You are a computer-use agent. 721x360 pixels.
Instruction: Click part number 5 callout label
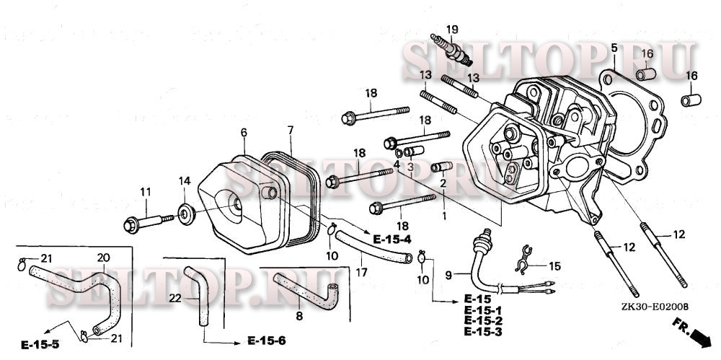[x=614, y=48]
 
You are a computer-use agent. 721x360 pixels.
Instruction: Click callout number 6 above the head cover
[x=244, y=133]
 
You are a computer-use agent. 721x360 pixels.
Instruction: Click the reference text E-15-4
[x=392, y=238]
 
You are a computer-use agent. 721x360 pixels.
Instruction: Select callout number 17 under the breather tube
[x=362, y=272]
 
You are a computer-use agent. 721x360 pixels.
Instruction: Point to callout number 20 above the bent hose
[x=102, y=258]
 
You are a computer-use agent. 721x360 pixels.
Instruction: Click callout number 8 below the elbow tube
[x=299, y=315]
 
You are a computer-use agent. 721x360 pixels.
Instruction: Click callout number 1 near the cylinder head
[x=444, y=215]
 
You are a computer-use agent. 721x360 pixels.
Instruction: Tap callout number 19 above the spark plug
[x=452, y=29]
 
